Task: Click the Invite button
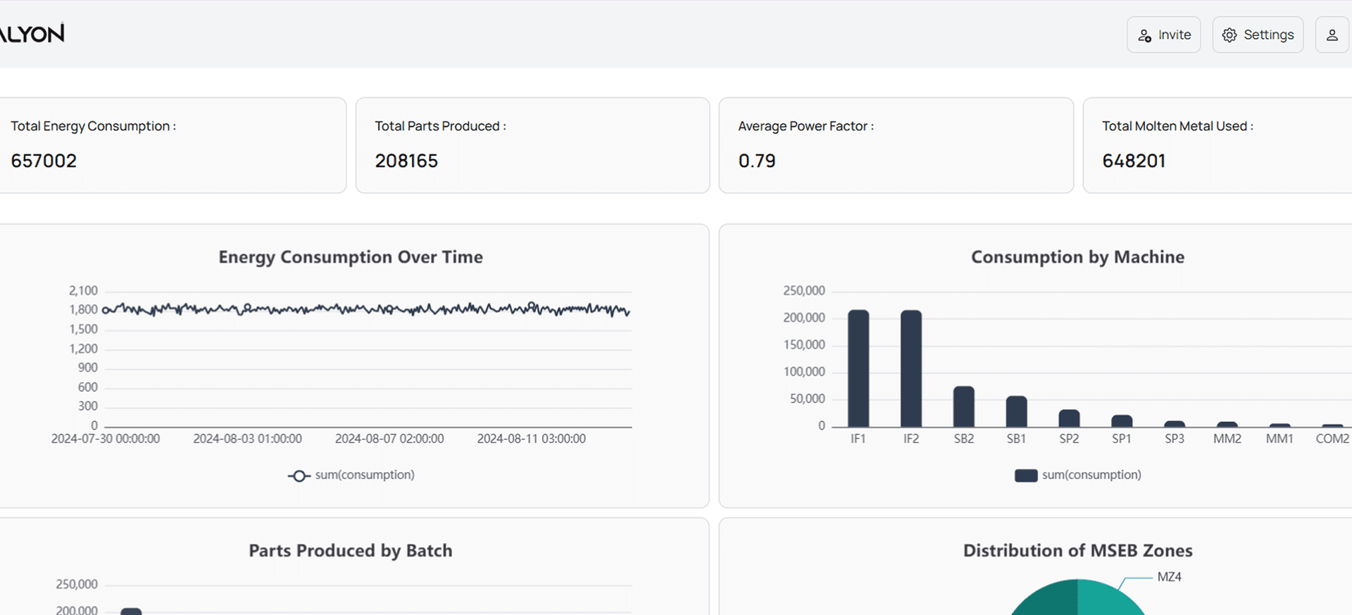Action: point(1163,35)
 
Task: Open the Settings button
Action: point(1258,35)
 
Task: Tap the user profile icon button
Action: point(1332,35)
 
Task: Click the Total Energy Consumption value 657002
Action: point(44,161)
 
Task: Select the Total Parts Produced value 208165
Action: point(406,161)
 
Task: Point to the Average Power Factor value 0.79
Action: point(756,161)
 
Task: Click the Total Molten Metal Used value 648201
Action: point(1134,161)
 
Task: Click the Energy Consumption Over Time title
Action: point(351,257)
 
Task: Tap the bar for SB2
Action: point(964,406)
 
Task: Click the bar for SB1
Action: point(1016,411)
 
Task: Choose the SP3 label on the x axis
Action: point(1175,438)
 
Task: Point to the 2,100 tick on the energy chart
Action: point(83,290)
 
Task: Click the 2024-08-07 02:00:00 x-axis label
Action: point(389,438)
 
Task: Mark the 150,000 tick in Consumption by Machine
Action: point(804,344)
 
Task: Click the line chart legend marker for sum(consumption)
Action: point(299,476)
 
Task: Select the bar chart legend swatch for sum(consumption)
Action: point(1026,476)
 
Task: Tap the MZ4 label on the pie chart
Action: point(1170,577)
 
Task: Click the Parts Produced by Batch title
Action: point(351,551)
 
